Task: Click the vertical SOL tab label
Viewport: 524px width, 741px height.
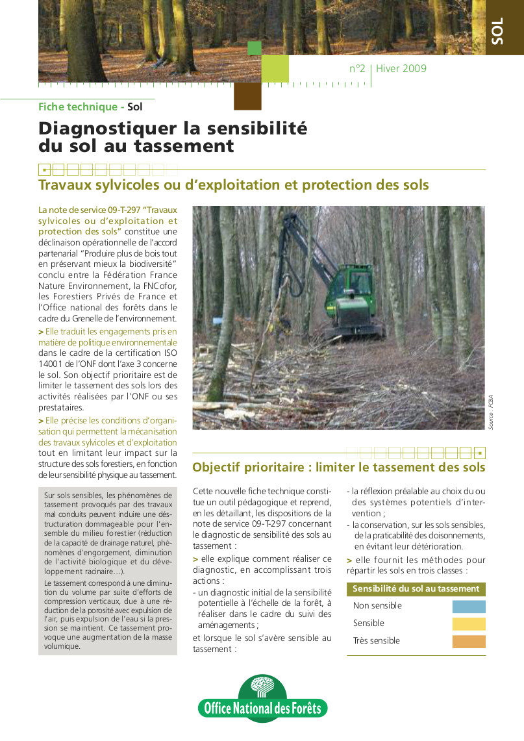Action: click(497, 32)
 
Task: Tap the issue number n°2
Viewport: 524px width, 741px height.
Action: click(357, 69)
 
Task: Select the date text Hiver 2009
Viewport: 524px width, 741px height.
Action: click(401, 69)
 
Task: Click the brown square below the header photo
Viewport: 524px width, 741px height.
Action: click(247, 96)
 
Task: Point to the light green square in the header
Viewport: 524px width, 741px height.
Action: click(275, 69)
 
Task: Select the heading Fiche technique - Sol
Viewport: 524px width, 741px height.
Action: click(90, 107)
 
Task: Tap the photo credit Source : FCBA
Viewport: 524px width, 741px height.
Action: click(492, 412)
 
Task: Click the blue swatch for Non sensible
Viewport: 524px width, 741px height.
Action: click(469, 607)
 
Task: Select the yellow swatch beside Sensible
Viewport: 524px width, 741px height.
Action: click(469, 624)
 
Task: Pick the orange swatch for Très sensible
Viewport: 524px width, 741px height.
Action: click(469, 642)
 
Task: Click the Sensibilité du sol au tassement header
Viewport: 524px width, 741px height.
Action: click(416, 589)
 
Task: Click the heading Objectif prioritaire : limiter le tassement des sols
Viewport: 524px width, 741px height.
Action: click(338, 467)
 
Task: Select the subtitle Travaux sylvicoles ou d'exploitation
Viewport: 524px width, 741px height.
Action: click(233, 185)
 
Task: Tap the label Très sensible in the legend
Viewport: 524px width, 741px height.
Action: click(377, 641)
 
